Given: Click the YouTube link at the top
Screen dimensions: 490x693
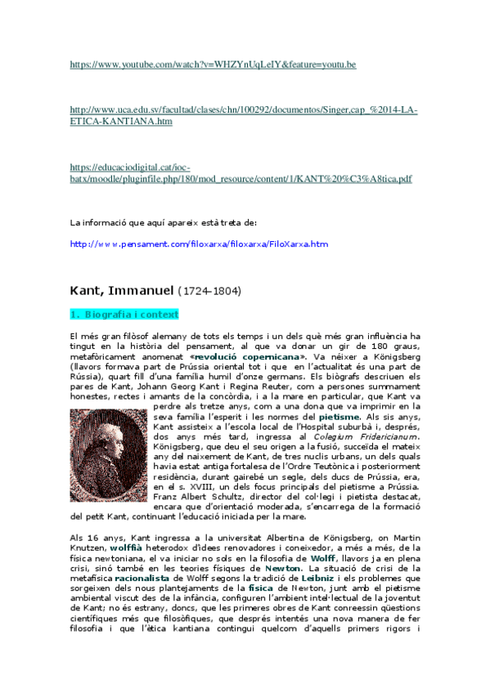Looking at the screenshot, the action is [x=213, y=64].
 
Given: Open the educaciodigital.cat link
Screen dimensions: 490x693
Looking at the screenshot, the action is [x=241, y=178].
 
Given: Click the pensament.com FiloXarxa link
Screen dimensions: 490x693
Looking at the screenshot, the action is [x=199, y=244].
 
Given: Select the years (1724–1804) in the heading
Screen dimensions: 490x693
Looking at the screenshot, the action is [x=210, y=291].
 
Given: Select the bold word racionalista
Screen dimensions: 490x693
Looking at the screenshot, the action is [x=142, y=576].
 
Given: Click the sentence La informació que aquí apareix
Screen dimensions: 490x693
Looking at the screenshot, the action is [x=163, y=221].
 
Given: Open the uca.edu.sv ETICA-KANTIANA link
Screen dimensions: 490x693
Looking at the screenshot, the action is [x=243, y=115].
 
